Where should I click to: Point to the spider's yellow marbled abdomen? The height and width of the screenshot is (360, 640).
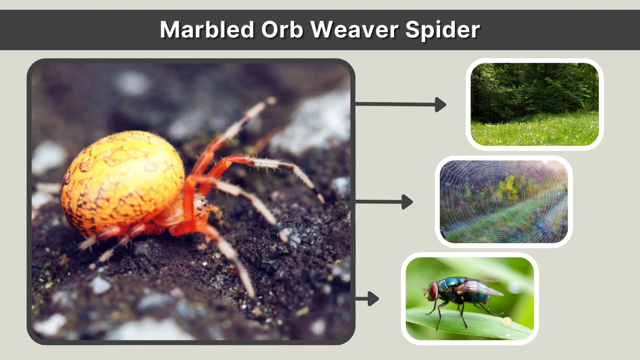pos(123,180)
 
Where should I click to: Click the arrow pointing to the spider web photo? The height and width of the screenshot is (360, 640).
pos(384,202)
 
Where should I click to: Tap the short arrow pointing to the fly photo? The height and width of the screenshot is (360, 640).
pos(367,299)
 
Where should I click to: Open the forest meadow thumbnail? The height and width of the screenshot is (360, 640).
pos(535,104)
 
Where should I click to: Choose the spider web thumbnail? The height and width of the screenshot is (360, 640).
pos(504,202)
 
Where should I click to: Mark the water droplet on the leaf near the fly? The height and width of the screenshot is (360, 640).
pos(506,322)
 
